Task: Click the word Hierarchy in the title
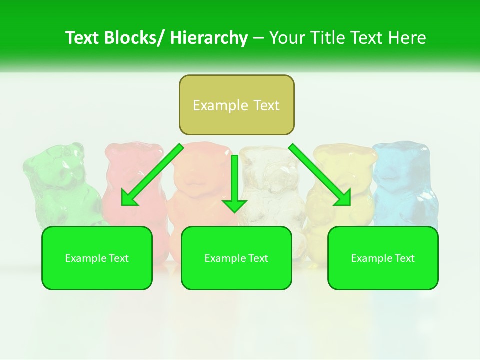pos(209,38)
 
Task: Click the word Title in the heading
pos(328,38)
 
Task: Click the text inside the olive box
pos(236,105)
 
